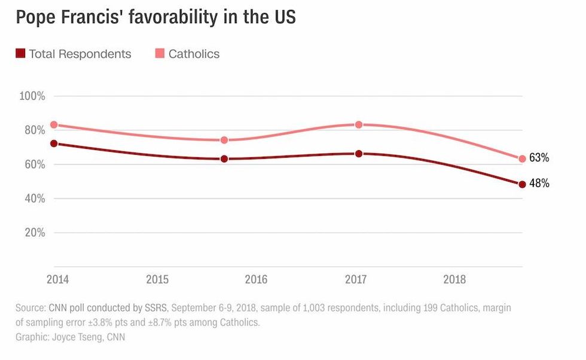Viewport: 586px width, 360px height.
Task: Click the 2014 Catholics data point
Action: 54,125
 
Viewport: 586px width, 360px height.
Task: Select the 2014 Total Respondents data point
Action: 54,144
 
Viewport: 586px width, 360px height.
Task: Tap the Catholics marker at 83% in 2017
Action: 359,125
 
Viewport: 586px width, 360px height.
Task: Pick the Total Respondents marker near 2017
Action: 359,154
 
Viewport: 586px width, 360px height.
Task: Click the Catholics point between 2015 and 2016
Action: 224,140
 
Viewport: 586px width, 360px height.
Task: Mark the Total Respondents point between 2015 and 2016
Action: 224,159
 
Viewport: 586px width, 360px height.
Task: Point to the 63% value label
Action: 539,158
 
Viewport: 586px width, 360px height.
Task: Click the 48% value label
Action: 539,184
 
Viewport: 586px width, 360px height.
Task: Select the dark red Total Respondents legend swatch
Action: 20,54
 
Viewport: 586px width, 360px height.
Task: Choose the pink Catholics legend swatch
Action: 160,54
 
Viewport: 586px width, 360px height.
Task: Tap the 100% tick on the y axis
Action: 33,96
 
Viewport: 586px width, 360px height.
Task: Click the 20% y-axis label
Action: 34,233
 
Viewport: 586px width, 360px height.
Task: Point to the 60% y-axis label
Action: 34,164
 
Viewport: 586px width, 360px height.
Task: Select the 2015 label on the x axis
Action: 157,279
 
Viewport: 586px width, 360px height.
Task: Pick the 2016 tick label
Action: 256,279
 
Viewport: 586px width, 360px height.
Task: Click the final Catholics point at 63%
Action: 522,159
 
